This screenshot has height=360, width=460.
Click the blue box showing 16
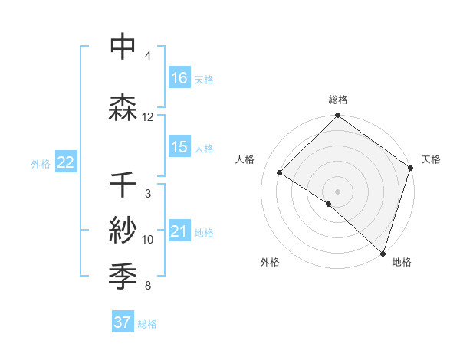pyautogui.click(x=179, y=78)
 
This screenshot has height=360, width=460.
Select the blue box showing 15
pyautogui.click(x=179, y=147)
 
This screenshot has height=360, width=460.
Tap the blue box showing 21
pyautogui.click(x=179, y=232)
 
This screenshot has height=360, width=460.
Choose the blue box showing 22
pyautogui.click(x=65, y=162)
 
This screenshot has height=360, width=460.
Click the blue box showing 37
pyautogui.click(x=123, y=322)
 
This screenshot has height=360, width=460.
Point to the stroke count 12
pyautogui.click(x=148, y=117)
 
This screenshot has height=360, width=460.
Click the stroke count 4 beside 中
pyautogui.click(x=148, y=56)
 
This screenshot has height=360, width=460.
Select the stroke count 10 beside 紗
pyautogui.click(x=148, y=240)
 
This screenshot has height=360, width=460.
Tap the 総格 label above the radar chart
pyautogui.click(x=338, y=100)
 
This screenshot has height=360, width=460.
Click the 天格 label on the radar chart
pyautogui.click(x=431, y=159)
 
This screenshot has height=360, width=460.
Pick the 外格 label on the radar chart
pyautogui.click(x=270, y=262)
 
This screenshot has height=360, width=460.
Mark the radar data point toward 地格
pyautogui.click(x=383, y=252)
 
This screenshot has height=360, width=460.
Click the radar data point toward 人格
pyautogui.click(x=280, y=173)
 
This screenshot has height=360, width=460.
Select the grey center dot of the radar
pyautogui.click(x=337, y=191)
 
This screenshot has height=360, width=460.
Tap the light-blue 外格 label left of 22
pyautogui.click(x=41, y=163)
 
